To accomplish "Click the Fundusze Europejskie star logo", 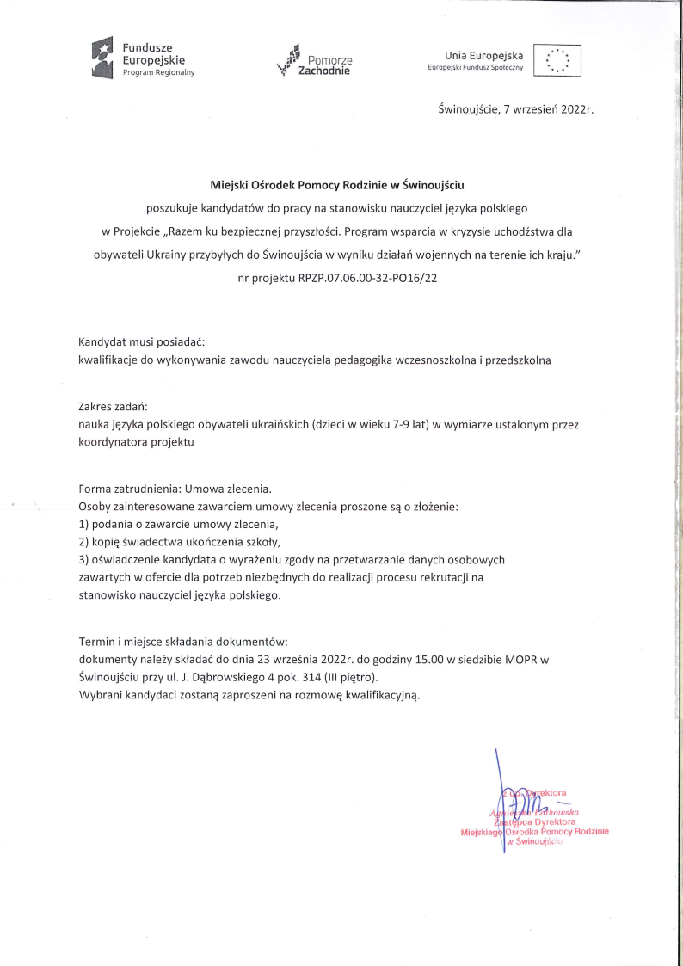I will pos(102,58).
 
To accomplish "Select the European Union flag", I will pos(557,59).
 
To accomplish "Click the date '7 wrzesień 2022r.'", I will pos(550,110).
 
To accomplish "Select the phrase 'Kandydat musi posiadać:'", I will pos(141,341).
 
